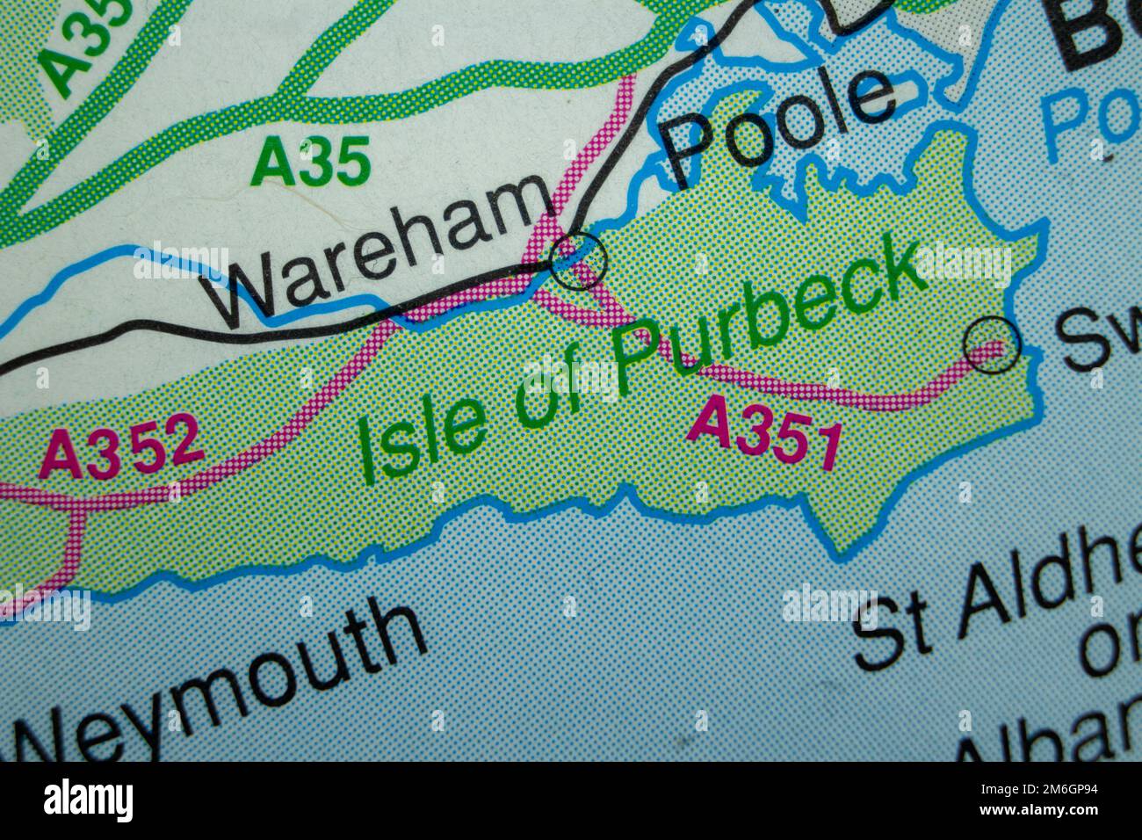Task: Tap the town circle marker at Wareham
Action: (577, 261)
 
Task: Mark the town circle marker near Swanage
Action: (993, 344)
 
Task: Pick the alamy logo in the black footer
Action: (89, 800)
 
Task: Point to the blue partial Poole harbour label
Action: (1089, 121)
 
